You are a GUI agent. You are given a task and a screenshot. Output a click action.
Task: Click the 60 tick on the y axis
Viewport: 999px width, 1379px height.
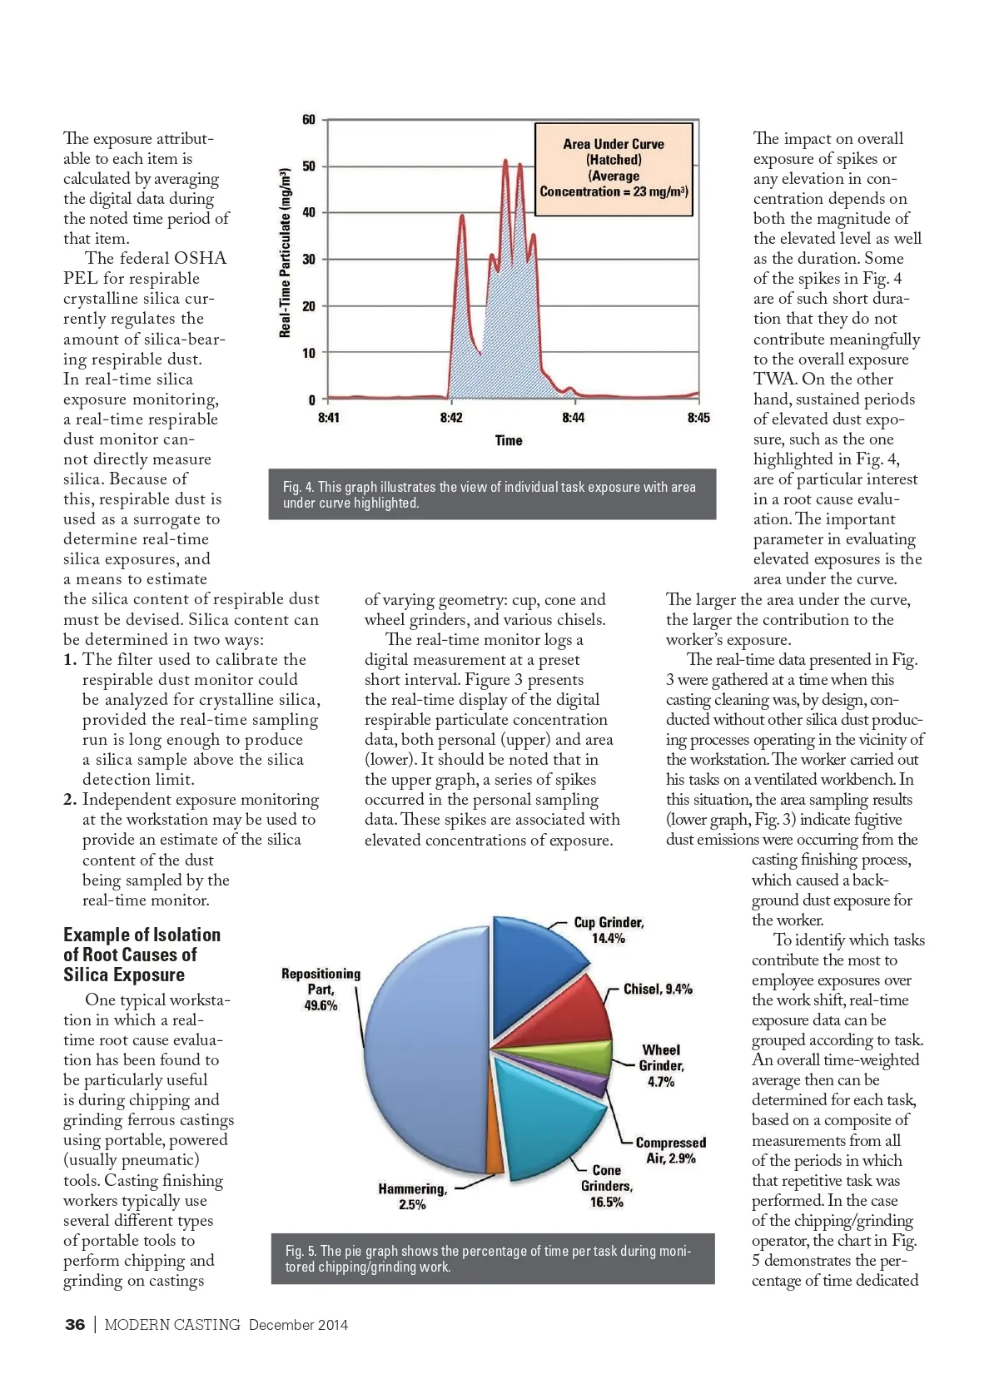point(308,120)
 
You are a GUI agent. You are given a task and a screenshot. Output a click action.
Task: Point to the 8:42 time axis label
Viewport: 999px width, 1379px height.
point(451,417)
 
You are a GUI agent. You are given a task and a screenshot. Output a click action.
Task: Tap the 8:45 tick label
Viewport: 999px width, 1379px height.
point(698,417)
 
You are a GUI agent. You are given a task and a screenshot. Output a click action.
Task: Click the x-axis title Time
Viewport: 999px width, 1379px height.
point(509,440)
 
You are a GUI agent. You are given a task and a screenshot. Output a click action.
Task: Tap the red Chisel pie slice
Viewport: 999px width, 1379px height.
point(574,1011)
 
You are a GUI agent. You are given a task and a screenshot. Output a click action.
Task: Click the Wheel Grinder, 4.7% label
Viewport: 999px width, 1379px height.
point(661,1065)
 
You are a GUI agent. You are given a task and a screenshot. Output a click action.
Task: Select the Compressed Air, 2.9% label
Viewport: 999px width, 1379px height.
point(671,1150)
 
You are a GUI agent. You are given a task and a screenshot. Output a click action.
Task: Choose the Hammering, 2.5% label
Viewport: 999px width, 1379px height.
point(412,1197)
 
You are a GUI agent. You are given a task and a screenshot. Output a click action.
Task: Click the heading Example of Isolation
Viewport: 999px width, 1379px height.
point(142,935)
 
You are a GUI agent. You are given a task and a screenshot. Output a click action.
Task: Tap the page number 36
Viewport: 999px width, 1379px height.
point(75,1325)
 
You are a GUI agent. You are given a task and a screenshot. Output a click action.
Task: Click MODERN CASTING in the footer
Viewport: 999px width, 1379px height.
point(172,1325)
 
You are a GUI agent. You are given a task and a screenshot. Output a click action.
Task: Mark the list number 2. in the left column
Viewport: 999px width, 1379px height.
point(70,800)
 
